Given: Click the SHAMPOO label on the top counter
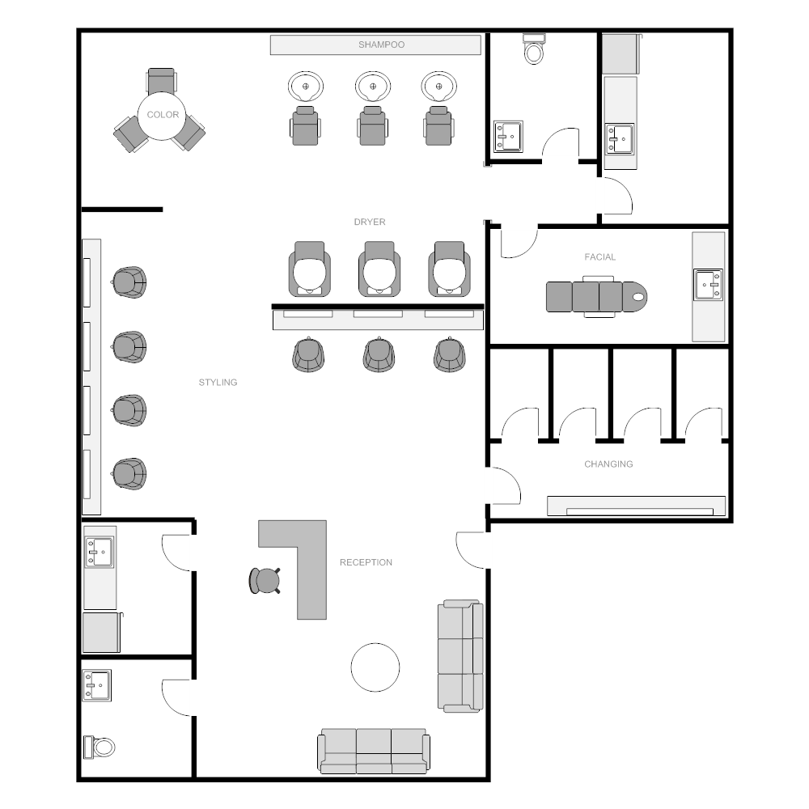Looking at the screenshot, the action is click(381, 44).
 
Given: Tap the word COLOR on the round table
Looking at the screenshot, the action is click(163, 115).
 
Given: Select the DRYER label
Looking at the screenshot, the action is click(370, 222).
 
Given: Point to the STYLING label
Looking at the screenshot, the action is click(218, 383).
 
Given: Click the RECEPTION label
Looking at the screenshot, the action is click(366, 562).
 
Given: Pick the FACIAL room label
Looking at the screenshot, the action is click(600, 257).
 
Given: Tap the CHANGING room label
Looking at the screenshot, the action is click(608, 464).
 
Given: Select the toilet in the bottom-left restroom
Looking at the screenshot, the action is click(99, 747).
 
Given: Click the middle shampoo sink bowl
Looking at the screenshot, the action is click(372, 87).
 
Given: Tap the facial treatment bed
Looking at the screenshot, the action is click(596, 297).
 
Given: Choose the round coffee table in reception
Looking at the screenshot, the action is click(375, 667).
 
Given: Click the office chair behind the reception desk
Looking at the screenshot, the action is click(265, 580).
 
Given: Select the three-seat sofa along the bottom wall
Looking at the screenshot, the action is click(374, 752).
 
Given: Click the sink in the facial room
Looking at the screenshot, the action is click(708, 284).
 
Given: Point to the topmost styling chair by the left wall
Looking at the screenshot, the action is click(129, 282).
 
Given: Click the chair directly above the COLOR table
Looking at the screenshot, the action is click(161, 80).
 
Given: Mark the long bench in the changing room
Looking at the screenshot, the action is click(636, 506).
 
